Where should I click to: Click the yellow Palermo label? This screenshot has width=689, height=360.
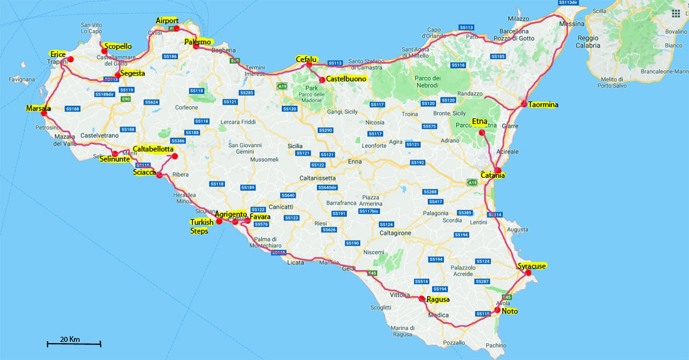coord(198,42)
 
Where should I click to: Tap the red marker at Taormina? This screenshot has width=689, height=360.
coord(524,103)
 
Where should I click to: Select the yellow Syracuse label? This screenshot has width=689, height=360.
coord(532,266)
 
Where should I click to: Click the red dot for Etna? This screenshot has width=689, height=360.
coord(482,133)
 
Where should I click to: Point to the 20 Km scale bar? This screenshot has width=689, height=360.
coord(74,343)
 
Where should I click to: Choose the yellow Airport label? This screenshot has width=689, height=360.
coord(167,21)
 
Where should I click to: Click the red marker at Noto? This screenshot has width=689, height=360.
coord(497,310)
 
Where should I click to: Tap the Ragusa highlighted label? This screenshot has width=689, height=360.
coord(438,300)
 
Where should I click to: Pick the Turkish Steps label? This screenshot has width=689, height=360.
coord(202,226)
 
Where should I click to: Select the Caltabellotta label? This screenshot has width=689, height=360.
coord(153,149)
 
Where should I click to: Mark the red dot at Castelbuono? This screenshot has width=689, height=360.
coord(321,80)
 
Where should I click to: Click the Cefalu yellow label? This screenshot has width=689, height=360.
coord(308,59)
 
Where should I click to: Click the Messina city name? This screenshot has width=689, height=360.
coord(571,24)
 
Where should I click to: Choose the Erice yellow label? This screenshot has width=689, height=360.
coord(58,54)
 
